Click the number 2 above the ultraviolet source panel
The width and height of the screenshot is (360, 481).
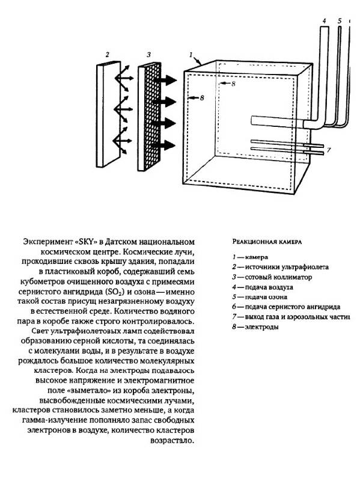107,55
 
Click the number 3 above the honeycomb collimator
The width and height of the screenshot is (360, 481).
148,55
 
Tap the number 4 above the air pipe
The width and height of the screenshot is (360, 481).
324,21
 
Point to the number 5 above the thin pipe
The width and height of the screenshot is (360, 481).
340,21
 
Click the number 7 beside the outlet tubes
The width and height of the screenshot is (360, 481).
329,150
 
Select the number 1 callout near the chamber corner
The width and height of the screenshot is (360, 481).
191,55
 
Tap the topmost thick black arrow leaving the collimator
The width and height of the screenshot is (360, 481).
165,80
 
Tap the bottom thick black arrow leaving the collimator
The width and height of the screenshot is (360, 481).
164,145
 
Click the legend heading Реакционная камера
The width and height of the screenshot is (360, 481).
267,242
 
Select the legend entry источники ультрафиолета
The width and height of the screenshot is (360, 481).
287,267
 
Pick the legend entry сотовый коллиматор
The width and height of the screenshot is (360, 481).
278,277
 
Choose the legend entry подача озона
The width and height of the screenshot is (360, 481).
266,297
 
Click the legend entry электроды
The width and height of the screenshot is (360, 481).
261,326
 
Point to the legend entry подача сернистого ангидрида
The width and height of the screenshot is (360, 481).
293,307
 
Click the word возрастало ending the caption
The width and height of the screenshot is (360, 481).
172,441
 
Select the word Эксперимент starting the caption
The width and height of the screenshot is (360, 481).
47,242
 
